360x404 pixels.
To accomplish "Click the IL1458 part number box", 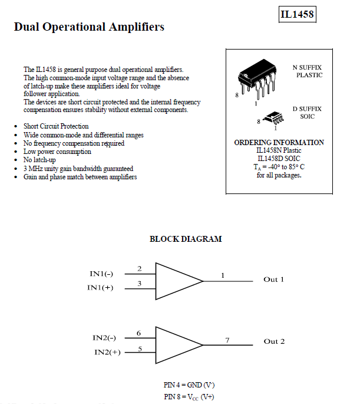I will (297, 14).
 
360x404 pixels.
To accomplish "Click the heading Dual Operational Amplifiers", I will (89, 27).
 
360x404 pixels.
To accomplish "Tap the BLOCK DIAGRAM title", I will (186, 239).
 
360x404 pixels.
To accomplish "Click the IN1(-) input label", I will (102, 274).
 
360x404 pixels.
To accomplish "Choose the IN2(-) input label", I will (104, 338).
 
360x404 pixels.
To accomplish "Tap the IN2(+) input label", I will (107, 352).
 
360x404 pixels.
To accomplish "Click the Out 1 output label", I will (273, 279).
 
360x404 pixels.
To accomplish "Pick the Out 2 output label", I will (274, 341).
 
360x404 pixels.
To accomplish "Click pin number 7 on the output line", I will (227, 340).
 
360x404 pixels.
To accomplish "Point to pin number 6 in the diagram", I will (139, 333).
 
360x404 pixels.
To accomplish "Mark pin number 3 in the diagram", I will (139, 284).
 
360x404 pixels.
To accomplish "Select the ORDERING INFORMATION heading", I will (279, 143).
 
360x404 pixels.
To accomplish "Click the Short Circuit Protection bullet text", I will (56, 126).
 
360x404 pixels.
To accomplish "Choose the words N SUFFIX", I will (307, 68).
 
